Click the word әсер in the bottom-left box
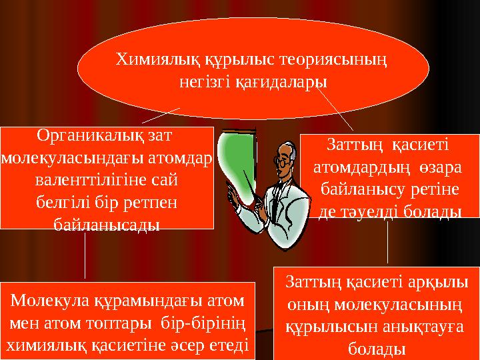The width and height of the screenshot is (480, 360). click(189, 345)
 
